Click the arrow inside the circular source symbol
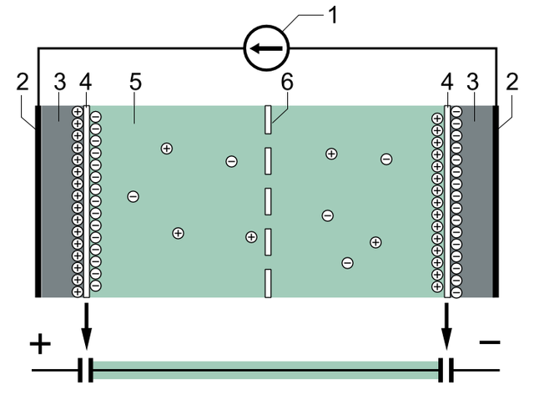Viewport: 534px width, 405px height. tap(266, 48)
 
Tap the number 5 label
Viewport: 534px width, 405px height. tap(135, 82)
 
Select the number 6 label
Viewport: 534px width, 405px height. tap(287, 82)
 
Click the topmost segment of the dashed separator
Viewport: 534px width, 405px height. tap(268, 119)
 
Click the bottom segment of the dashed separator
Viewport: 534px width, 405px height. tap(268, 283)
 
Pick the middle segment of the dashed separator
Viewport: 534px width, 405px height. tap(268, 201)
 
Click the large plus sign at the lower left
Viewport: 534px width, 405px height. tap(40, 344)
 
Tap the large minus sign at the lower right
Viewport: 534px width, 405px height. tap(490, 342)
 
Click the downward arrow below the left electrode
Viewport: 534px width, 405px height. tap(87, 327)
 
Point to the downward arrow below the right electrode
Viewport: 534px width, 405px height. tap(446, 327)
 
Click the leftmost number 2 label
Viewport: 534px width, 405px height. tap(23, 82)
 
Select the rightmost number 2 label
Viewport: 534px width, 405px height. tap(511, 82)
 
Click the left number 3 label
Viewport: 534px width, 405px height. tap(60, 82)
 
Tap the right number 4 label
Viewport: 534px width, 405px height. tap(447, 82)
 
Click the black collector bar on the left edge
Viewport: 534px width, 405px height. tap(38, 201)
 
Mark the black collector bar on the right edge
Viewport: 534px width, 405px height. tap(496, 201)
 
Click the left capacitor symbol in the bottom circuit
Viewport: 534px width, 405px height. tap(85, 370)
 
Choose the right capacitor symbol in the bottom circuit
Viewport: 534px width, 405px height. tap(446, 370)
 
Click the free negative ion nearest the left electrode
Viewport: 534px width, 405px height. tap(133, 197)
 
